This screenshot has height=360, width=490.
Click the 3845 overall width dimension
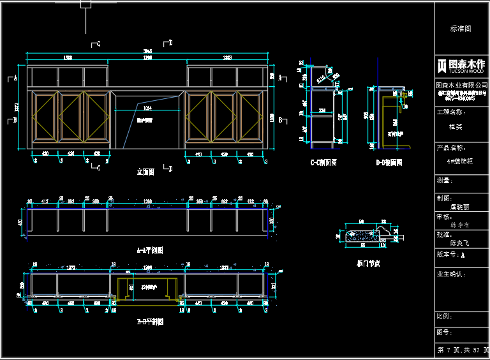[147, 51]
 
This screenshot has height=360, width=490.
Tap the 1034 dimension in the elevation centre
[147, 109]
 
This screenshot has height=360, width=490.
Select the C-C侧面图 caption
[323, 163]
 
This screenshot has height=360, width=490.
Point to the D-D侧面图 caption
[389, 163]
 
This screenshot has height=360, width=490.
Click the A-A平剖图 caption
[150, 250]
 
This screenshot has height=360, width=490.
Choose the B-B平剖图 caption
[150, 322]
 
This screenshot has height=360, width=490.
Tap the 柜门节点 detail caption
[368, 263]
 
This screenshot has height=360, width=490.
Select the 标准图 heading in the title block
[461, 29]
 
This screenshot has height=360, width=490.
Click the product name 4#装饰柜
[461, 161]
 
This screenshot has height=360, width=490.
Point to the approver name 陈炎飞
[459, 243]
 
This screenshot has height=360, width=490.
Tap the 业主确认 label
[451, 274]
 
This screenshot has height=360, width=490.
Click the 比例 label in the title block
[445, 316]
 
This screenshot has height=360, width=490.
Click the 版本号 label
[447, 254]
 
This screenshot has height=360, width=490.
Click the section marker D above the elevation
[170, 43]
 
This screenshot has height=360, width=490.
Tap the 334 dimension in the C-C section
[322, 110]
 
